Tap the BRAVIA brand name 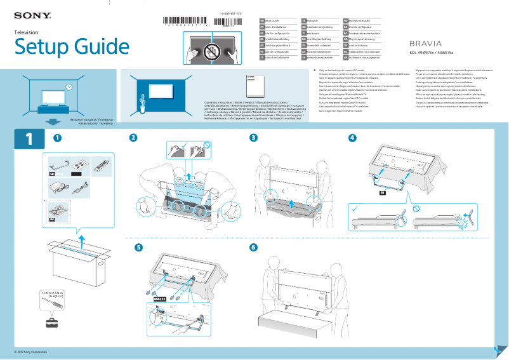426,43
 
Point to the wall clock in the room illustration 68,88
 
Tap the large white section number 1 29,140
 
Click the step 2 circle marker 133,138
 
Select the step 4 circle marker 353,138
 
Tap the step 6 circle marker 254,247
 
